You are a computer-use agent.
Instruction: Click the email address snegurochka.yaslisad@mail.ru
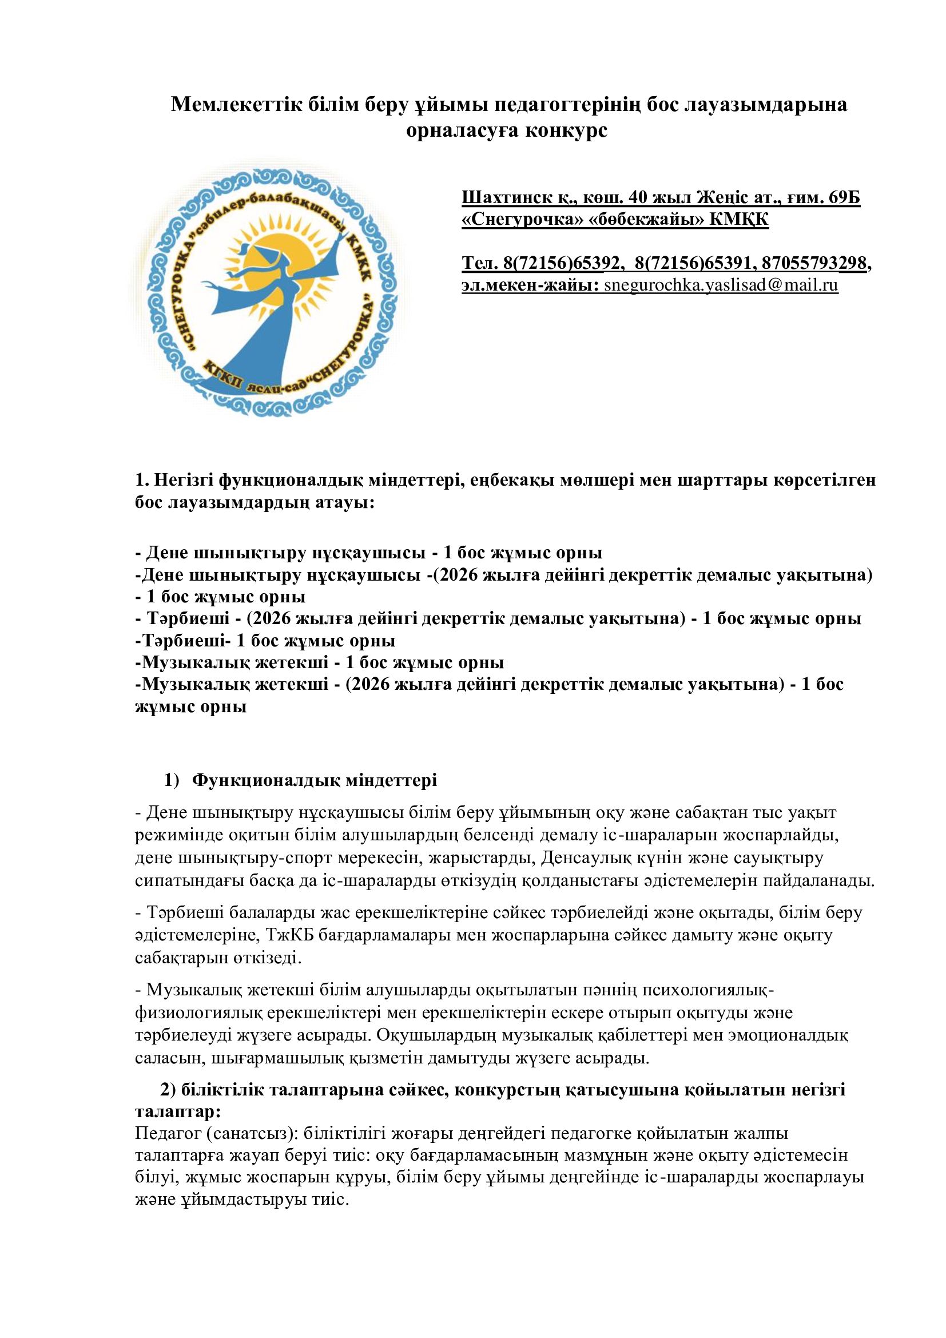[x=721, y=285]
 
